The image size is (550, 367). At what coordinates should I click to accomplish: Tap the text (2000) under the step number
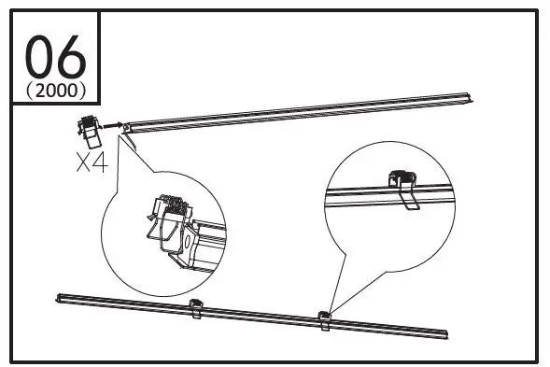56,92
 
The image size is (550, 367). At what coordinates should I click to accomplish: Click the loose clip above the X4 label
91,131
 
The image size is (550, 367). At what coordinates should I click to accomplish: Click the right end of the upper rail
472,96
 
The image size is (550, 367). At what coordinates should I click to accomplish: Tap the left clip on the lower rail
196,309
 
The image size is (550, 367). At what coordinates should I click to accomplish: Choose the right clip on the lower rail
324,319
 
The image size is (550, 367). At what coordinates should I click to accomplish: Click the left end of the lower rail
60,298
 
